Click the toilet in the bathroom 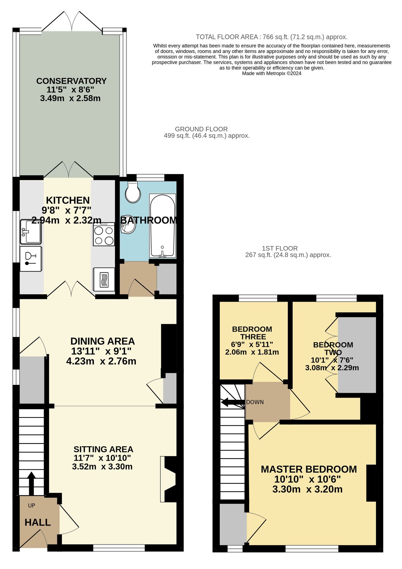tap(133, 192)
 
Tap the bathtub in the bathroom tap(162, 226)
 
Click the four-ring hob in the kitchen tap(104, 234)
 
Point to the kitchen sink tap(31, 232)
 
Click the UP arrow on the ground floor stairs tap(31, 483)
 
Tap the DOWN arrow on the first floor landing tap(233, 402)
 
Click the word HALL tap(38, 522)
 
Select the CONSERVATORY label tap(71, 81)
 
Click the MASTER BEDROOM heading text tap(309, 469)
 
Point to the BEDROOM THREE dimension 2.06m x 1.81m tap(252, 352)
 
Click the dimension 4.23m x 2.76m tap(101, 361)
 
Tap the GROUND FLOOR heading tap(201, 129)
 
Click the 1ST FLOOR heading tap(280, 248)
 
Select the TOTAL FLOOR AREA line tap(272, 37)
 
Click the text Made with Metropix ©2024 tap(272, 73)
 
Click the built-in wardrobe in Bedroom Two tap(357, 355)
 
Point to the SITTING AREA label tap(103, 450)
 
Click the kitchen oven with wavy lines tap(104, 279)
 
